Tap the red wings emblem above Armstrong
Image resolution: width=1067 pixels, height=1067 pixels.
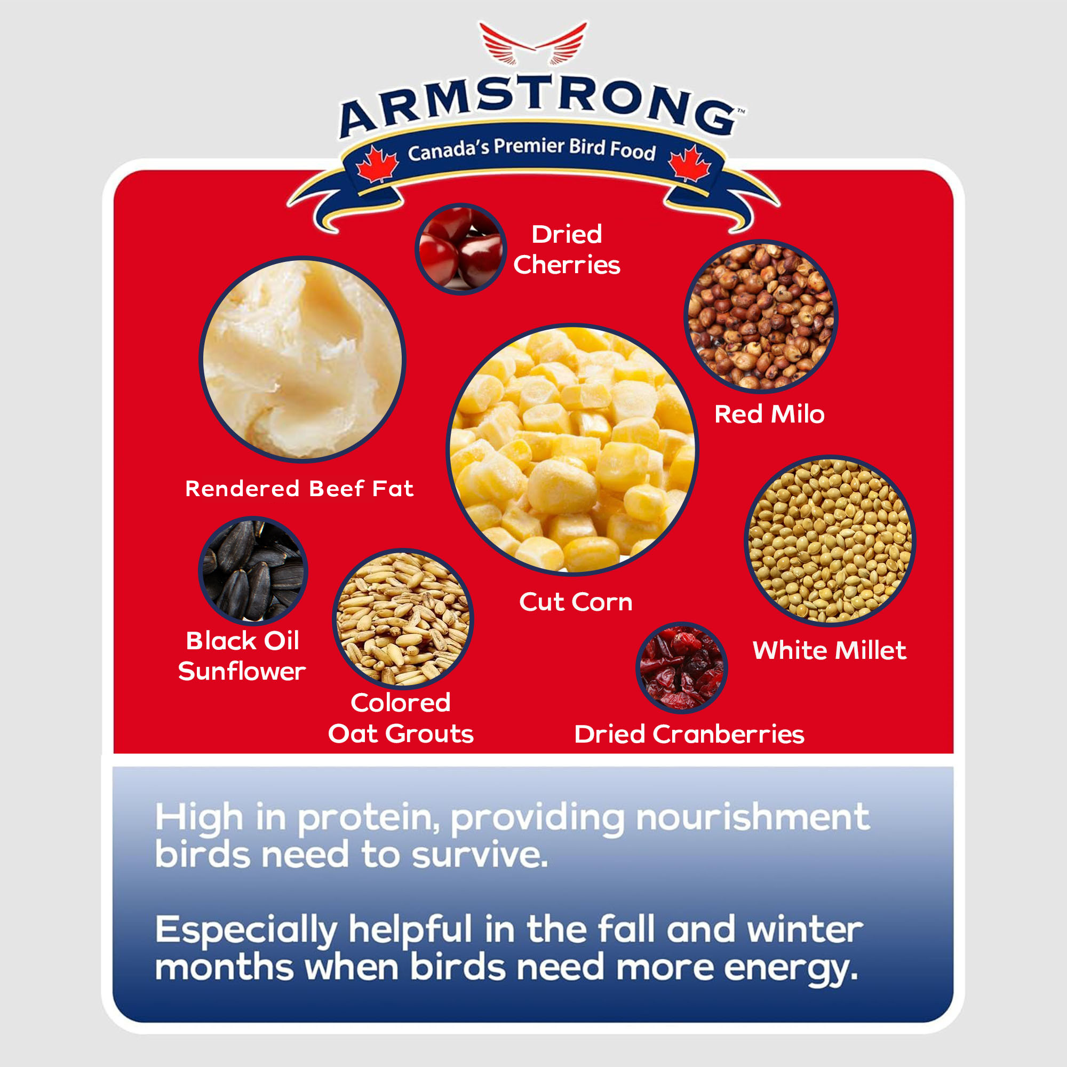tap(533, 44)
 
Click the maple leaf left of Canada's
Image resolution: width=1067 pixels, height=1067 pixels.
tap(377, 164)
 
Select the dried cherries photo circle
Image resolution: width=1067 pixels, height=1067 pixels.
tap(460, 249)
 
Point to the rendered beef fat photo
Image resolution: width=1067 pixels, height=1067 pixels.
tap(302, 360)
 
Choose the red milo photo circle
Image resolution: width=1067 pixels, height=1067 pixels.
tap(761, 317)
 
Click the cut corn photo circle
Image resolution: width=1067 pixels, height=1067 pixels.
tap(572, 450)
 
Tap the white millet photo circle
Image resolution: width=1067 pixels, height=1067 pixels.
tap(830, 541)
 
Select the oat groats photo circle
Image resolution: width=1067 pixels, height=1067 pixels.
tap(403, 619)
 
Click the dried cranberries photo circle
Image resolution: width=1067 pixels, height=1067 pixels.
tap(681, 668)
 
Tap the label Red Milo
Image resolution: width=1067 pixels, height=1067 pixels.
tap(769, 414)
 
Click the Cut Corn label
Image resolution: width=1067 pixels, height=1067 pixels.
tap(576, 601)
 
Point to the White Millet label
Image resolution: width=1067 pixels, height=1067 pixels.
tap(830, 650)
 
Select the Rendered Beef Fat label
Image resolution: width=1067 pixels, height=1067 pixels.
tap(299, 488)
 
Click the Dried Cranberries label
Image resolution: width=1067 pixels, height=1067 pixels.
tap(689, 734)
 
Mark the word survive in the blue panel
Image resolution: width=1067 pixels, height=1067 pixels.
tap(480, 854)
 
